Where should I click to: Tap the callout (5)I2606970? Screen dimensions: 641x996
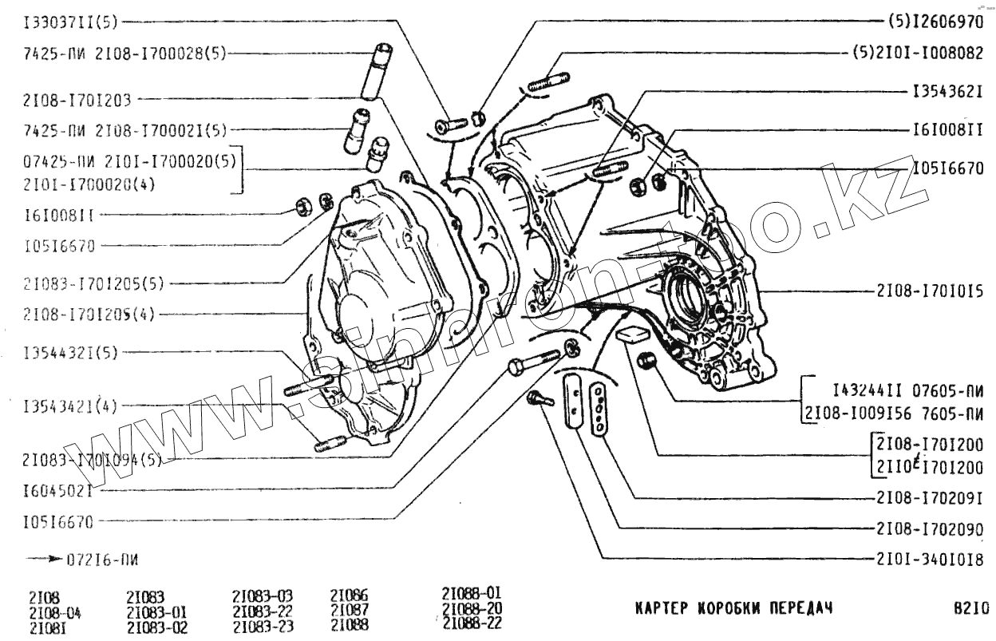click(x=935, y=22)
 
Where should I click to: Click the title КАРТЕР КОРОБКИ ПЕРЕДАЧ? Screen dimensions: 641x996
click(x=733, y=607)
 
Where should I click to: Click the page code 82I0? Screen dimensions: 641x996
click(x=970, y=607)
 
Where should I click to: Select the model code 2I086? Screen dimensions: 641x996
click(x=349, y=595)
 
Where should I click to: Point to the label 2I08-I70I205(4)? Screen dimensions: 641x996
click(x=88, y=314)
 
